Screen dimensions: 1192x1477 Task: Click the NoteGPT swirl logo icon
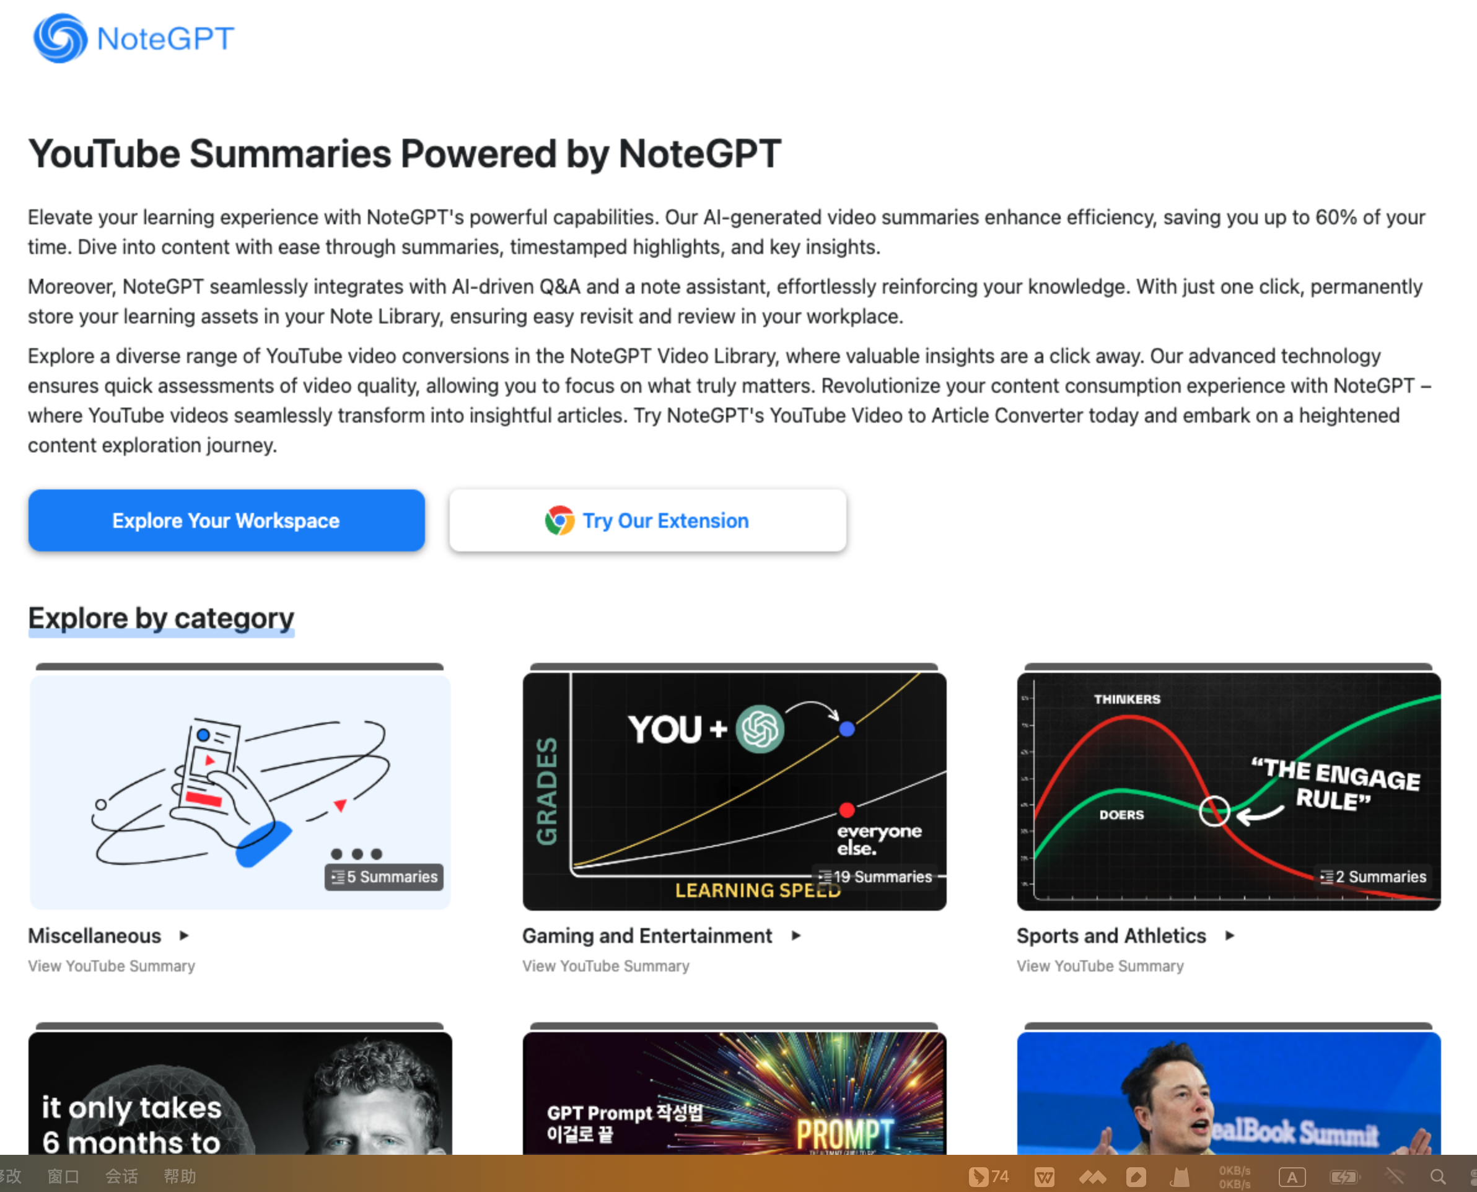pos(61,38)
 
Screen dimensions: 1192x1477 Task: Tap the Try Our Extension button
pos(647,520)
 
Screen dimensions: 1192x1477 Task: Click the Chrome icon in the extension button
pos(559,520)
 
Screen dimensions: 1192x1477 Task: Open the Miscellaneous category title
pos(95,936)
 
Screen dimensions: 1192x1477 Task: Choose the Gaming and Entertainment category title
pos(647,936)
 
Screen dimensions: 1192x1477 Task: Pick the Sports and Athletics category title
pos(1111,936)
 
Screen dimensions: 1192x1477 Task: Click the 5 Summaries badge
pos(384,877)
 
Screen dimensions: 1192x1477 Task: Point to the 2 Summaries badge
pos(1374,877)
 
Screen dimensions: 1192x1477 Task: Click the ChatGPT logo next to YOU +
pos(760,729)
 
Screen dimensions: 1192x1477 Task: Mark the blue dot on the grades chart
pos(847,729)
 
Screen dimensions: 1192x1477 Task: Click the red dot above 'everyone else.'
pos(847,810)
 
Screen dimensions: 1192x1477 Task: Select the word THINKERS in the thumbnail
pos(1127,699)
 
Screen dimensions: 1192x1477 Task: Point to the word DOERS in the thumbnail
pos(1121,815)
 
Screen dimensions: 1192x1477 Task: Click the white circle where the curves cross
pos(1214,812)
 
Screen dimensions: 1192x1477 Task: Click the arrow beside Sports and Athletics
pos(1230,936)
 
